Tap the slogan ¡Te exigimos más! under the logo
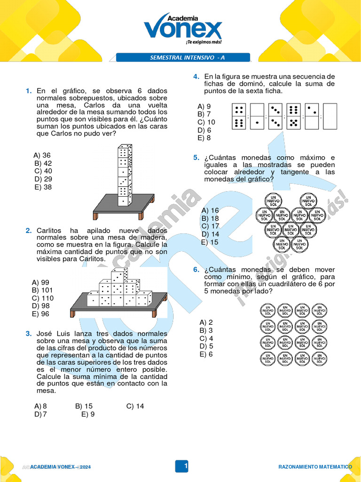[x=204, y=42]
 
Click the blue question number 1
[x=29, y=91]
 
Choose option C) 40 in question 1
[x=43, y=171]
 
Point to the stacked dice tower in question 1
[x=125, y=175]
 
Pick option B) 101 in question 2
[x=43, y=290]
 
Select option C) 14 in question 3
[x=135, y=406]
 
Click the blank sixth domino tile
[x=330, y=116]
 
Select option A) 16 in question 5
[x=210, y=210]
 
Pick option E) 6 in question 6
[x=206, y=354]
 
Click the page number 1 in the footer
[x=186, y=466]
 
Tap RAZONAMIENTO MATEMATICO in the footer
[x=315, y=467]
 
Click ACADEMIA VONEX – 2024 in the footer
[x=57, y=467]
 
